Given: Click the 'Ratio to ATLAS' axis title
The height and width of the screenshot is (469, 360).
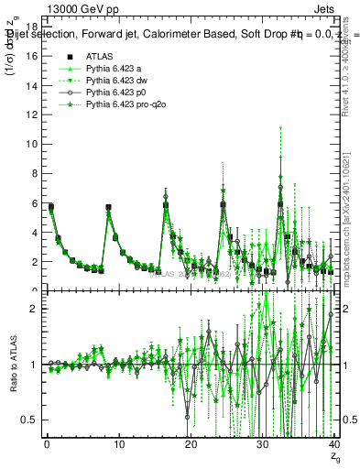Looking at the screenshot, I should pos(13,365).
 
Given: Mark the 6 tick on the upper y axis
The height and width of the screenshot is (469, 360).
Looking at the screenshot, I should pos(36,203).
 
